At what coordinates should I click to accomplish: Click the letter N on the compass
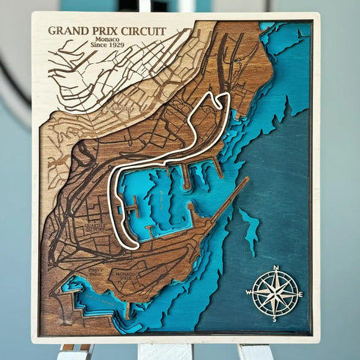click(276, 268)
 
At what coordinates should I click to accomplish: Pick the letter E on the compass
click(301, 294)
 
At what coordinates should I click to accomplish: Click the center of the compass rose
click(275, 294)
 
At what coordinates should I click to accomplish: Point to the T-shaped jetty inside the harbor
click(132, 209)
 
